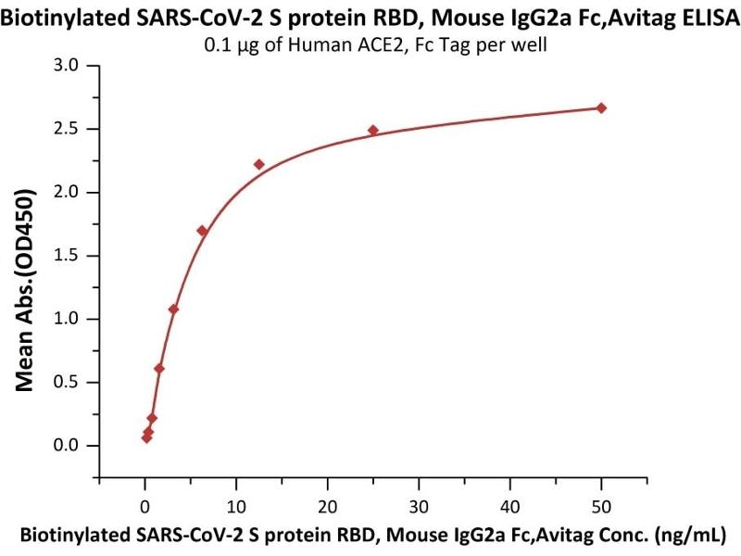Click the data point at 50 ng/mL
(x=601, y=108)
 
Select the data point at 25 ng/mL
(x=373, y=131)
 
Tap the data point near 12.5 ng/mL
(x=259, y=165)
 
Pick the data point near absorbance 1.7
(x=202, y=231)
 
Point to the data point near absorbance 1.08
(x=173, y=309)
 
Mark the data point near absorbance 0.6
(x=159, y=369)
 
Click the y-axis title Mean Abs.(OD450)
(x=31, y=291)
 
